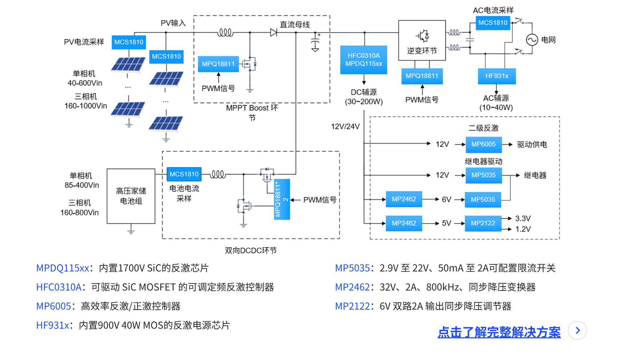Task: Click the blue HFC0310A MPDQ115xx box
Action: tap(363, 60)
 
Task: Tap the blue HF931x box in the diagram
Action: tap(497, 76)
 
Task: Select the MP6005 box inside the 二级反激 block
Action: tap(483, 144)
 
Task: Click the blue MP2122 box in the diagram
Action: tap(483, 223)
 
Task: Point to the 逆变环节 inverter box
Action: tap(422, 40)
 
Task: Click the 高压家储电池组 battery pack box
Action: tap(131, 196)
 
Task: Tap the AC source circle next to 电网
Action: tap(532, 40)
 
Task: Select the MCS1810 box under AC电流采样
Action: tap(493, 23)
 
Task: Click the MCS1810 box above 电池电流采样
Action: tap(184, 174)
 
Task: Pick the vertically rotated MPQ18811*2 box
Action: tap(282, 199)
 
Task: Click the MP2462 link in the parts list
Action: tap(352, 287)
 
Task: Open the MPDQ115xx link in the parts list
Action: tap(63, 268)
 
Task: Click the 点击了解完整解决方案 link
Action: tap(499, 332)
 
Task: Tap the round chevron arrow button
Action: tap(577, 330)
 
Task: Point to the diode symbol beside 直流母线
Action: tap(274, 33)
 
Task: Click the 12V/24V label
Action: tap(345, 126)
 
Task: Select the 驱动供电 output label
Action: tap(532, 145)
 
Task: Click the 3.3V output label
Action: tap(523, 219)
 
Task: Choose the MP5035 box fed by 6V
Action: tap(483, 199)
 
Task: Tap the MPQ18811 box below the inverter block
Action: tap(422, 76)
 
